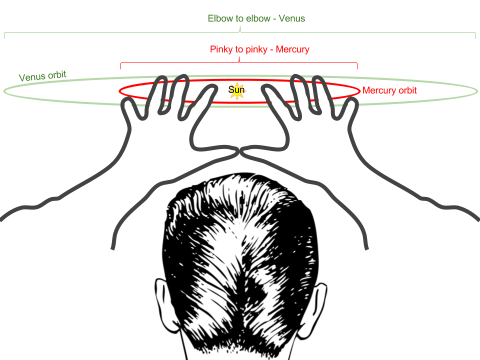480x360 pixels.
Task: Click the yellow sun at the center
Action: pos(237,91)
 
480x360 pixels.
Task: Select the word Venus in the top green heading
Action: pos(291,19)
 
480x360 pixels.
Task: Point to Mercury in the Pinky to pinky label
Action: pos(292,50)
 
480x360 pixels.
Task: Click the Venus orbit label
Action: pos(42,76)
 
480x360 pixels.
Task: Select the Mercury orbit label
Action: pos(389,91)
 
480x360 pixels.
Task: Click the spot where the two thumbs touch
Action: pos(240,151)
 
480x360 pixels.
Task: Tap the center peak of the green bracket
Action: pos(240,28)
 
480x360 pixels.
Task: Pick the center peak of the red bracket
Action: pos(239,59)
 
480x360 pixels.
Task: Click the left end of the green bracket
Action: pos(4,36)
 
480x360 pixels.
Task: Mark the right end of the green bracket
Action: pos(475,36)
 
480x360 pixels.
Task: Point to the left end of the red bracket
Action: pos(120,66)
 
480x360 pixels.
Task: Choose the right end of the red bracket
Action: pos(357,66)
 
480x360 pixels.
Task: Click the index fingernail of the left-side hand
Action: pos(201,105)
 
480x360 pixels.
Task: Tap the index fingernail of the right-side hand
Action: pos(278,105)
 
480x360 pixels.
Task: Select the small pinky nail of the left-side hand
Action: pos(128,106)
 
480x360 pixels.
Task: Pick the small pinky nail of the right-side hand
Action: pos(351,105)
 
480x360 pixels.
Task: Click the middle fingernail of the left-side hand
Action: pos(176,102)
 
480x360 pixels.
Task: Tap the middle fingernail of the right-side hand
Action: pos(303,101)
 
